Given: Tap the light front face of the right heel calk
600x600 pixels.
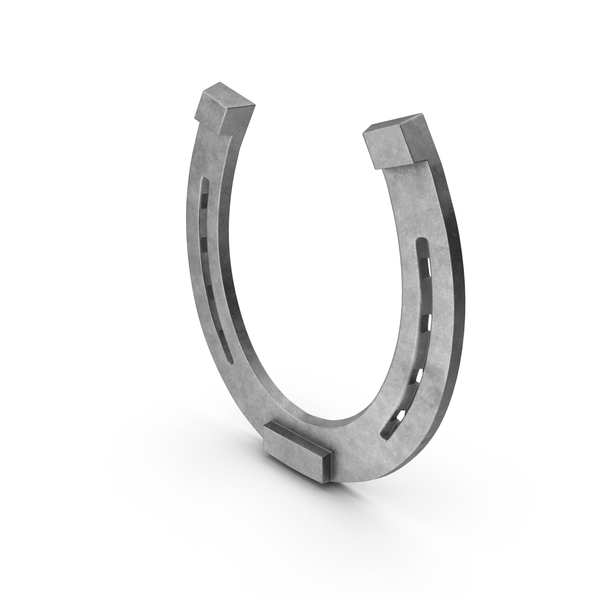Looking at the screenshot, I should click(384, 151).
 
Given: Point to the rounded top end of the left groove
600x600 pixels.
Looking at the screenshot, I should click(204, 183).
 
